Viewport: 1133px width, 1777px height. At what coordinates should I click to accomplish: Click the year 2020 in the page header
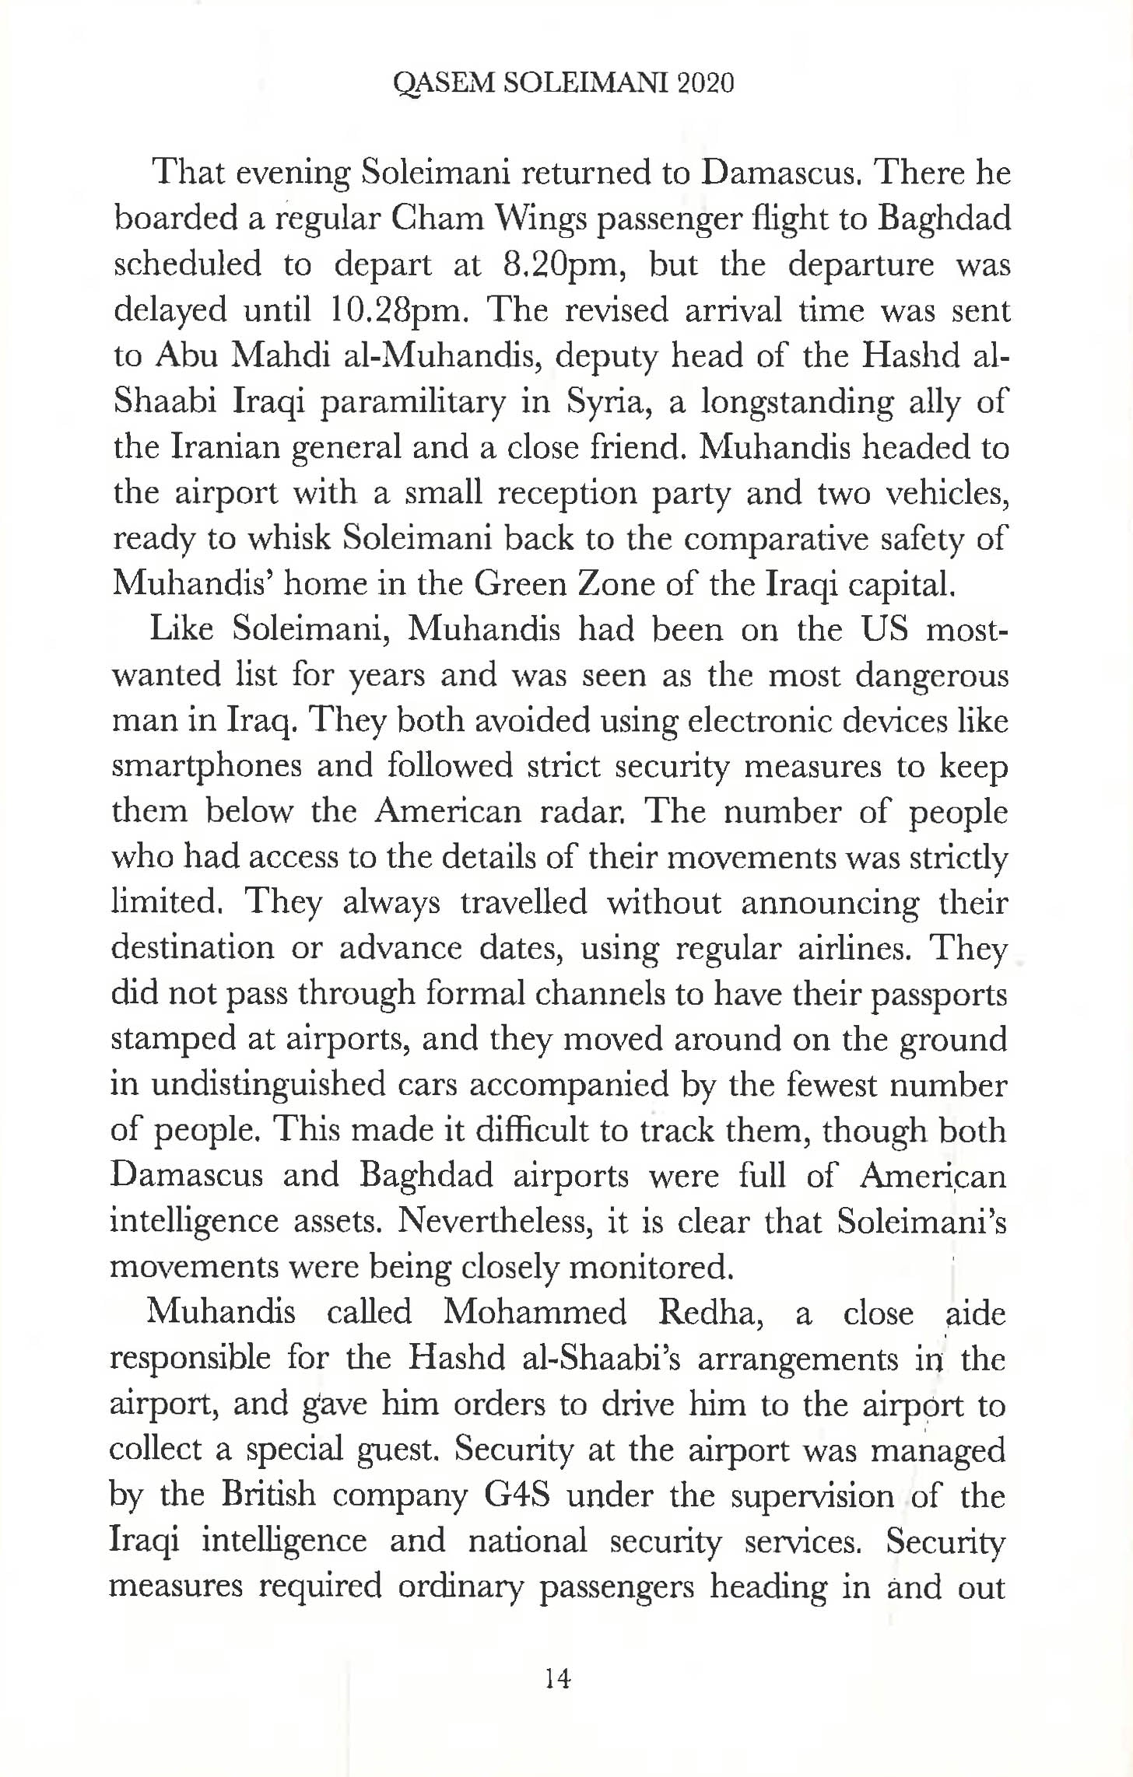click(x=706, y=83)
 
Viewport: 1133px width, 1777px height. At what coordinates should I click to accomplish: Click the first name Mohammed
click(x=535, y=1314)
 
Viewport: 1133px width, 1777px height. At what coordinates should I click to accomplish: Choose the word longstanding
click(x=795, y=403)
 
